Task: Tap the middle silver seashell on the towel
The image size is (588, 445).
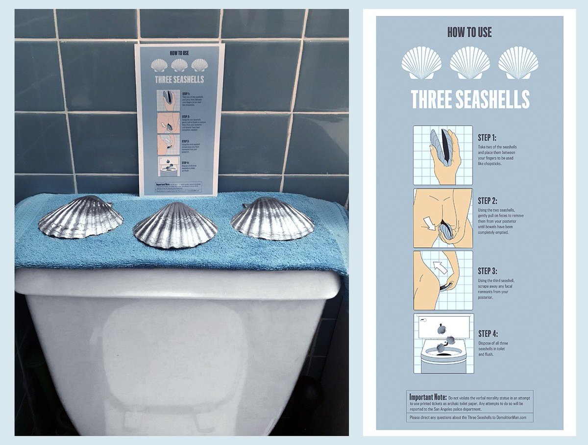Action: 175,225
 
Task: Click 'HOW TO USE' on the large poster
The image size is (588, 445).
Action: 469,32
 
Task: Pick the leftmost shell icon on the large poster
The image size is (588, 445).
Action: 421,63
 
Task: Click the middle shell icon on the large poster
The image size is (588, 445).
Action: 469,63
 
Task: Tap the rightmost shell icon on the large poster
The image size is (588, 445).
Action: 518,63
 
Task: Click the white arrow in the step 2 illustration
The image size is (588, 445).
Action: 430,224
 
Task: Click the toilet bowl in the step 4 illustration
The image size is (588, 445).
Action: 443,358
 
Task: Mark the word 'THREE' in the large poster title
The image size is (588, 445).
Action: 431,99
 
